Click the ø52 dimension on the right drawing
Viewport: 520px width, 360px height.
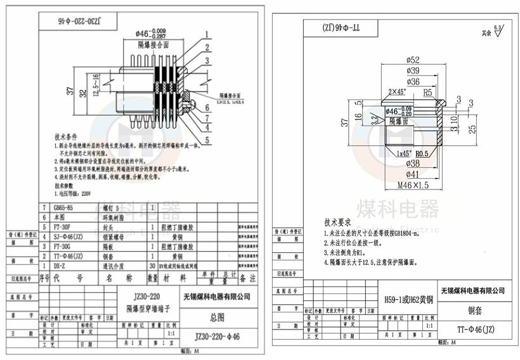pyautogui.click(x=413, y=60)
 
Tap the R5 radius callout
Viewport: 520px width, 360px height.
pyautogui.click(x=427, y=92)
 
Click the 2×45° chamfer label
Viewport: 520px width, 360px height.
pyautogui.click(x=398, y=92)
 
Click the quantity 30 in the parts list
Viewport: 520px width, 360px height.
pyautogui.click(x=152, y=266)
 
